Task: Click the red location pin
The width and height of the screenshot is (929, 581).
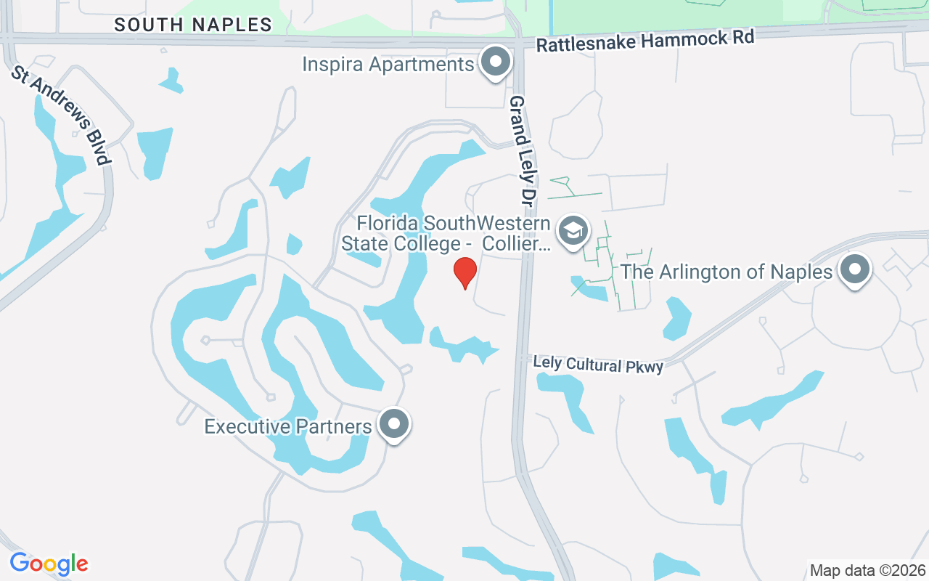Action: [464, 272]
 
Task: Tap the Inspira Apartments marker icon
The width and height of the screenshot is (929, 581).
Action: [496, 62]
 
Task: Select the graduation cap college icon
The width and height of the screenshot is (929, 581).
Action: [573, 231]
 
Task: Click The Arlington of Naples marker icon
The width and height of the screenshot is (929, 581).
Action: [855, 270]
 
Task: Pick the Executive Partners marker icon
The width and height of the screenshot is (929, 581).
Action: [395, 423]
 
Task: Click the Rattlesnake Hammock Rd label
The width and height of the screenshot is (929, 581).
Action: [645, 40]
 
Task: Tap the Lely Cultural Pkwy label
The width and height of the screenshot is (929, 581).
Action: [598, 364]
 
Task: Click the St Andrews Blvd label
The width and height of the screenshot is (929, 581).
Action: [61, 117]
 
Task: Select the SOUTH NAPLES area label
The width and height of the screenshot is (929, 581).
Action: [193, 25]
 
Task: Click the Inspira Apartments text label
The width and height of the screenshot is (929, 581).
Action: [388, 64]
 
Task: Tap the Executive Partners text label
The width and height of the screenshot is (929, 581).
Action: [288, 426]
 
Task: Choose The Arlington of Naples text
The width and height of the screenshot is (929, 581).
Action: [726, 272]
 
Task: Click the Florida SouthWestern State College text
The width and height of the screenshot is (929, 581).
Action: [446, 232]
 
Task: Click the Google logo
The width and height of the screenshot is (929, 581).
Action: [49, 563]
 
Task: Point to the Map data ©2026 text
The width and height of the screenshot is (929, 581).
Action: [867, 570]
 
